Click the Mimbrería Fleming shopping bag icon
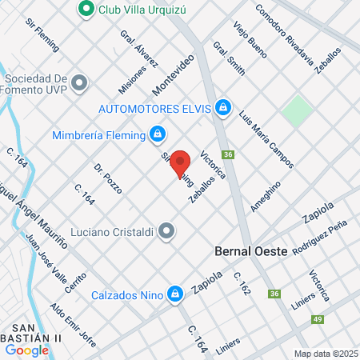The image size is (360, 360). [x=158, y=134]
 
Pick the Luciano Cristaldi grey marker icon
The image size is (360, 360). [x=166, y=231]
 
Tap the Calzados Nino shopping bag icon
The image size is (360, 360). [x=174, y=294]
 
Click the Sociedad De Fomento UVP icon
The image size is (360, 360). [x=78, y=82]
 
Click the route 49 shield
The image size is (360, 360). [x=318, y=320]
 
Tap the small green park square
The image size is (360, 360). [x=297, y=110]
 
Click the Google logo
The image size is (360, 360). [x=26, y=350]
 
